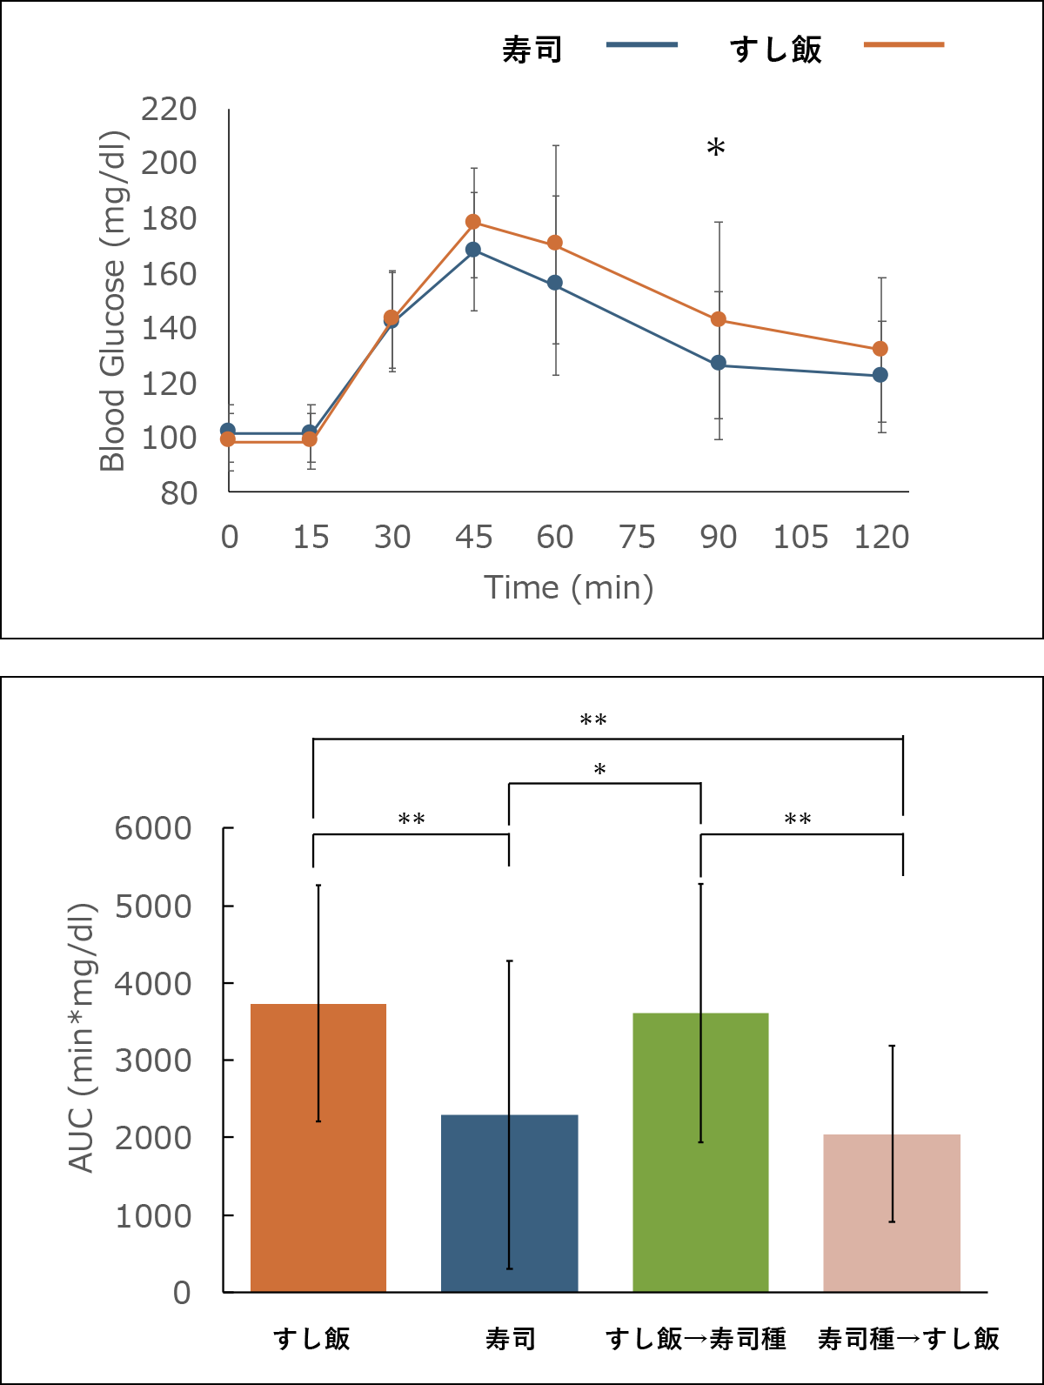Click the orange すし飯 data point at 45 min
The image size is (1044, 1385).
click(x=473, y=222)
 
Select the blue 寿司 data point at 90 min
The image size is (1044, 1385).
click(x=719, y=363)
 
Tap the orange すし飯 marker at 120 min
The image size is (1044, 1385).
click(x=880, y=349)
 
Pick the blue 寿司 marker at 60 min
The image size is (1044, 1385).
click(x=555, y=283)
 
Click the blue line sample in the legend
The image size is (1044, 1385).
click(x=642, y=45)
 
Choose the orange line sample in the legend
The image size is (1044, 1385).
click(x=904, y=45)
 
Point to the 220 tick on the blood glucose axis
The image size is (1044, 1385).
click(x=170, y=110)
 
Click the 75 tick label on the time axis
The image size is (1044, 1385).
click(x=637, y=538)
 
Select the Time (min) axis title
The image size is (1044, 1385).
click(x=569, y=588)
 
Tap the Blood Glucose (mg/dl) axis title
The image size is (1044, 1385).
click(x=113, y=301)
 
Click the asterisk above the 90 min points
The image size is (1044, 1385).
click(x=716, y=149)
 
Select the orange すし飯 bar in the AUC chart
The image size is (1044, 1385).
click(x=318, y=1147)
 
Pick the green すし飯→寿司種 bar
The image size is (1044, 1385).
click(x=700, y=1152)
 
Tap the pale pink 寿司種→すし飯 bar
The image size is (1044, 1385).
click(x=892, y=1213)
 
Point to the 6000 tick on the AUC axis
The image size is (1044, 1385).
click(x=154, y=828)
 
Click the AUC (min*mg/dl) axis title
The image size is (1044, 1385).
click(x=82, y=1037)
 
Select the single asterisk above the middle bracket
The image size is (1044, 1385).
click(x=600, y=770)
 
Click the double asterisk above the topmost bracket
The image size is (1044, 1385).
click(x=593, y=720)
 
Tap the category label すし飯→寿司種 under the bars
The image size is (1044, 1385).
click(x=696, y=1338)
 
